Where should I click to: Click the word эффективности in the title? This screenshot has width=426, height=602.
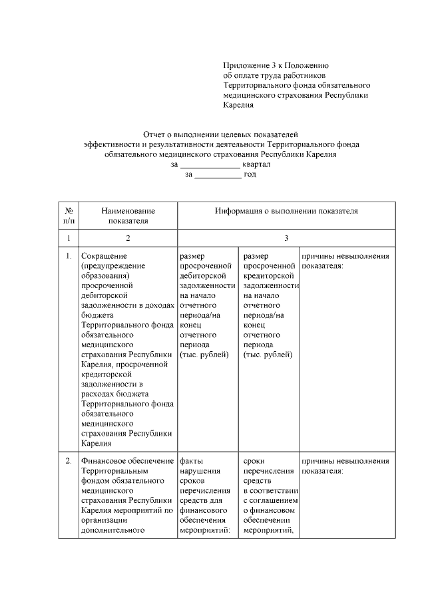[x=110, y=144]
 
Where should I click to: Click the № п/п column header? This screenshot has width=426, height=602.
[x=69, y=216]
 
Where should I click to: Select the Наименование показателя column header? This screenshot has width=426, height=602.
[x=128, y=216]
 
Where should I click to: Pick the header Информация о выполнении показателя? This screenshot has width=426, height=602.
[x=286, y=211]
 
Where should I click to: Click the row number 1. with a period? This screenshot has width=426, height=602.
[x=69, y=255]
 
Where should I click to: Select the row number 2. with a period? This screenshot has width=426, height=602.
[x=69, y=461]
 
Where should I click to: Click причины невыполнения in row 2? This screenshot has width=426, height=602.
[x=345, y=461]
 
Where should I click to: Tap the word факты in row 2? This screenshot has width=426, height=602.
[x=192, y=461]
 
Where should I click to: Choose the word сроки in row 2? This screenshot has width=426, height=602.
[x=255, y=461]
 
